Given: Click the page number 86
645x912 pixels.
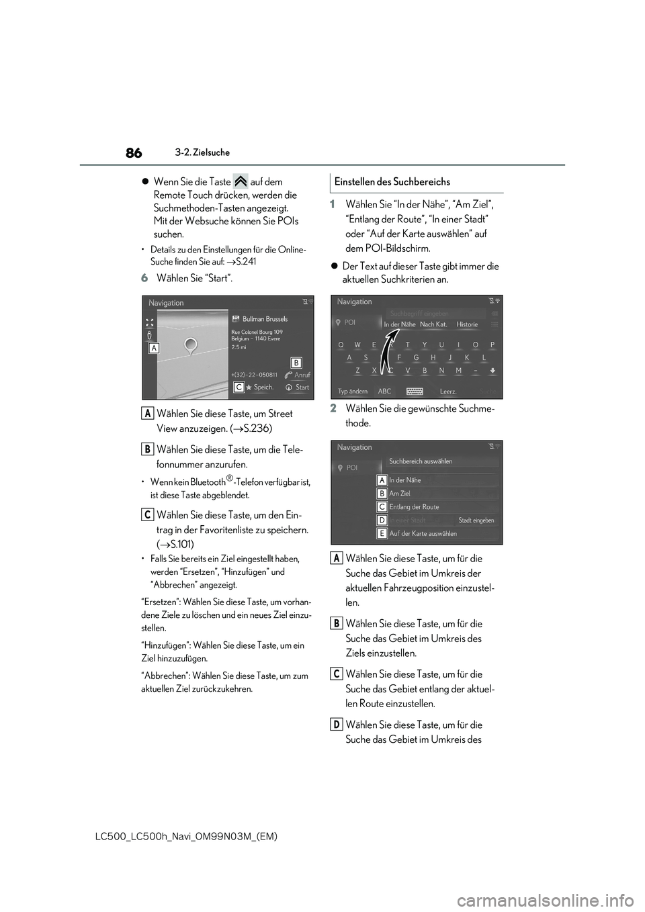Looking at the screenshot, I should click(x=133, y=153).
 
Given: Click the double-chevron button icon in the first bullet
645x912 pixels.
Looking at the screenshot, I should click(x=241, y=181).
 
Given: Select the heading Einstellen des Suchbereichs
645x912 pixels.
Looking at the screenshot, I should click(x=392, y=182).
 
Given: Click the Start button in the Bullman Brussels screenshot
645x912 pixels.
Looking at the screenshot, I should click(x=298, y=387).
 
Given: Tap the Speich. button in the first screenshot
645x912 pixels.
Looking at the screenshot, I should click(x=259, y=387).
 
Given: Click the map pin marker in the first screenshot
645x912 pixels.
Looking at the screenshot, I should click(x=191, y=346).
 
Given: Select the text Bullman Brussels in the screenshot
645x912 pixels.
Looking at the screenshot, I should click(x=265, y=319).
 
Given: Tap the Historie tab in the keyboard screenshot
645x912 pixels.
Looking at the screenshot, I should click(x=467, y=324).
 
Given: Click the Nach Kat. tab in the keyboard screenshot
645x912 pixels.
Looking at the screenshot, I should click(x=433, y=324).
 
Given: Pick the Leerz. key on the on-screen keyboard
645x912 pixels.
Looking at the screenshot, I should click(x=448, y=392).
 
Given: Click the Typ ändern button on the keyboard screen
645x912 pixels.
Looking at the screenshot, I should click(x=353, y=392).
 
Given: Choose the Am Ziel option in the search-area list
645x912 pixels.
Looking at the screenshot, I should click(x=400, y=494).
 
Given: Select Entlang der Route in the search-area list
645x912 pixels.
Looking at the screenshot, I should click(x=414, y=507).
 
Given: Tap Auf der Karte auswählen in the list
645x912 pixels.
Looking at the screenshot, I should click(x=423, y=534).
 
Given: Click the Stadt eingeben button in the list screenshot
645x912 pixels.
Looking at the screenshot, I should click(x=476, y=520).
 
